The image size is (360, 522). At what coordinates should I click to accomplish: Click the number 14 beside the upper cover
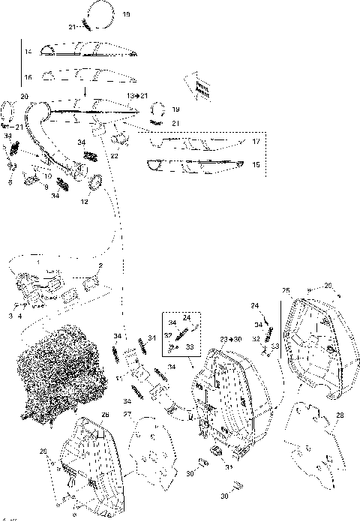tap(28, 52)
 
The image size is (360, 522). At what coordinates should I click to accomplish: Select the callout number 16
tap(28, 77)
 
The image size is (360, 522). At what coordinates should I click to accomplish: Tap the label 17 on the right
tap(256, 142)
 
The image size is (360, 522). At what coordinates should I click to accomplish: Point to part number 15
tap(256, 164)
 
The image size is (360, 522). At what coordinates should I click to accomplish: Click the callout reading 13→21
tap(138, 97)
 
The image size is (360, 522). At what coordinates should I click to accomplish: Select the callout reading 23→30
tap(232, 340)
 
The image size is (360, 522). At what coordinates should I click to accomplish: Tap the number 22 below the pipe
tap(115, 155)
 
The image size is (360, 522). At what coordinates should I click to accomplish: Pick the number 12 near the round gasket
tap(84, 201)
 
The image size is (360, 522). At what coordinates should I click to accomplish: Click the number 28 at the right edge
tap(341, 415)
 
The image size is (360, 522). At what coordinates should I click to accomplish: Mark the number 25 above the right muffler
tap(286, 290)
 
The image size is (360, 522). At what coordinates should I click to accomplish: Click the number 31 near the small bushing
tap(229, 469)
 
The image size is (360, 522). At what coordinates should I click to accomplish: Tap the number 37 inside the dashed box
tap(169, 335)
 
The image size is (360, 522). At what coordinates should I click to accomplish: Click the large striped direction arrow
tap(197, 87)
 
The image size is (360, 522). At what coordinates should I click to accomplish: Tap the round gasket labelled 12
tap(97, 182)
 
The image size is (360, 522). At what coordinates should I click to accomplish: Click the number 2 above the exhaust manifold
tap(101, 266)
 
